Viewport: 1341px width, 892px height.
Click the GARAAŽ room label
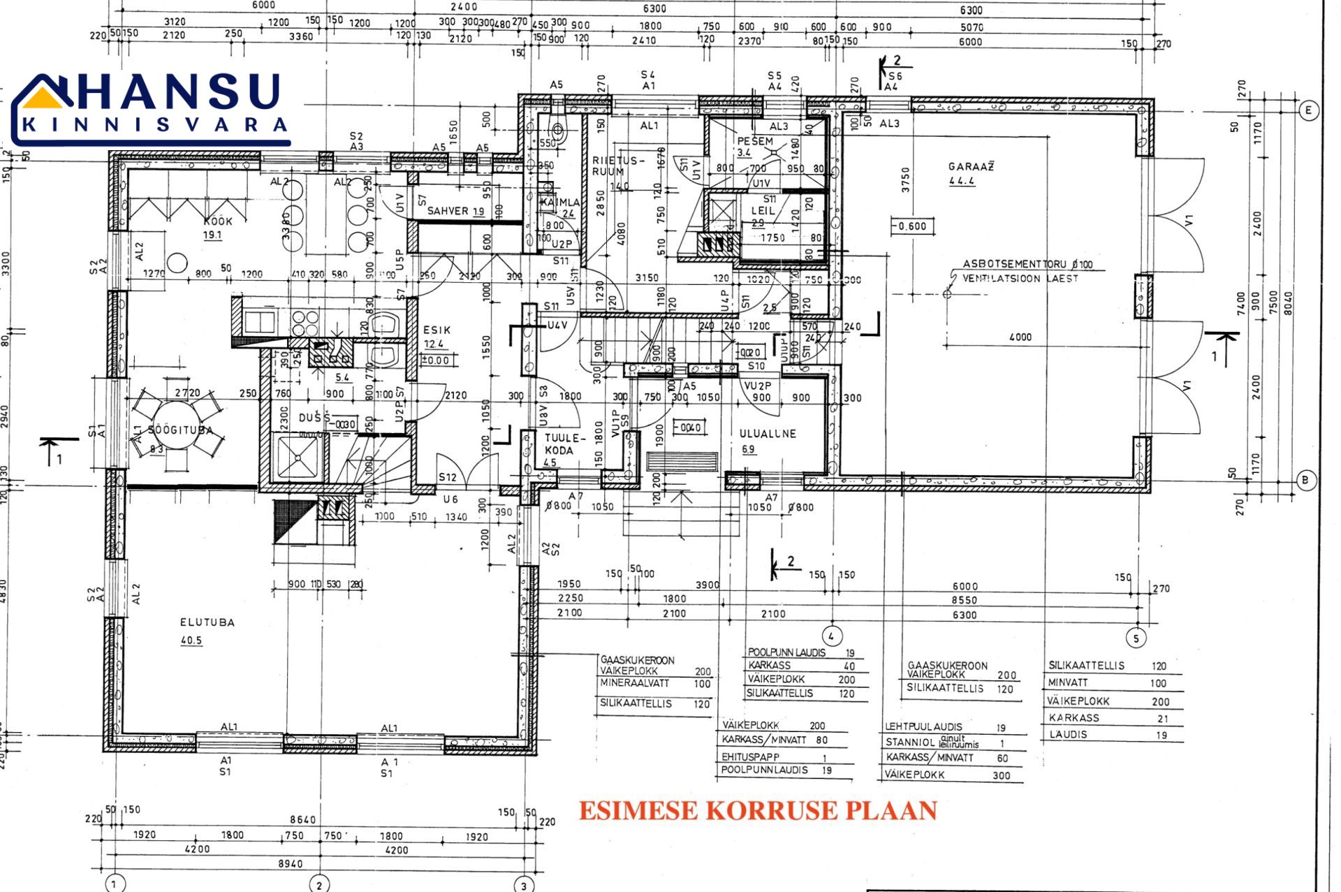click(x=971, y=167)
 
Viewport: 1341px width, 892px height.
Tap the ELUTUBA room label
click(x=207, y=622)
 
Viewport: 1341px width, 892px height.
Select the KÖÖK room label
click(x=217, y=221)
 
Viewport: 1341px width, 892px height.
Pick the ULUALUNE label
click(x=768, y=434)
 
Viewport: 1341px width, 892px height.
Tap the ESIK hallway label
click(x=437, y=330)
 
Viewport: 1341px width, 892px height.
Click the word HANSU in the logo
click(x=178, y=92)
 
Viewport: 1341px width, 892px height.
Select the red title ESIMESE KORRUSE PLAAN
click(x=757, y=810)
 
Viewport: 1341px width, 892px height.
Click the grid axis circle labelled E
click(x=1308, y=110)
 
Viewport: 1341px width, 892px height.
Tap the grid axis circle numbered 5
click(x=1136, y=638)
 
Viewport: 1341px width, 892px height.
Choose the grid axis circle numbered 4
click(x=830, y=636)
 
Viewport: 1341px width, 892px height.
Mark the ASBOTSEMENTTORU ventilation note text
click(x=1027, y=264)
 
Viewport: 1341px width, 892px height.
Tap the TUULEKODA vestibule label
click(x=562, y=444)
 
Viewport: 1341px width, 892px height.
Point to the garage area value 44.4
click(x=961, y=182)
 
